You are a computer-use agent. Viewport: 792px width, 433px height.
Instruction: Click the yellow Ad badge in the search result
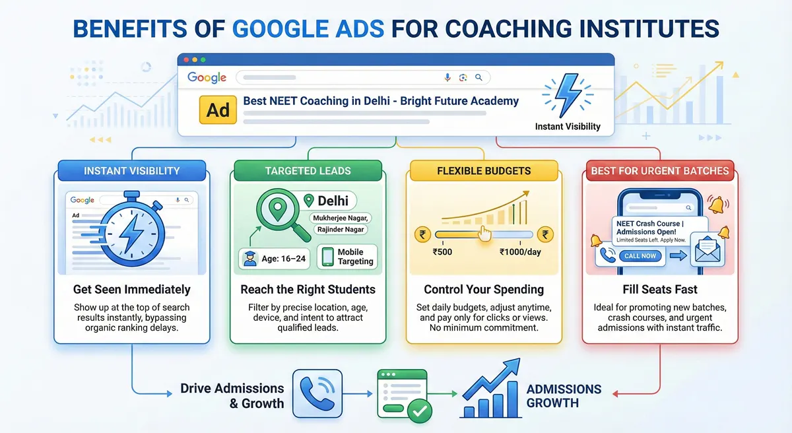(x=218, y=109)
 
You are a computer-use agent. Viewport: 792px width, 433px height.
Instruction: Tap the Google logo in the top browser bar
(x=207, y=77)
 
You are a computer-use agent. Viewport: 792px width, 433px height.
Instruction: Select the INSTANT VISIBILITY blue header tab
(x=132, y=171)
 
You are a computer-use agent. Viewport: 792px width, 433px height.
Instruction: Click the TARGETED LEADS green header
(x=308, y=171)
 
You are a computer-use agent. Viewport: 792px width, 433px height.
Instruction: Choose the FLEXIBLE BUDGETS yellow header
(x=484, y=171)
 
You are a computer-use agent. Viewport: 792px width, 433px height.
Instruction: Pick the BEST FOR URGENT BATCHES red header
(x=660, y=171)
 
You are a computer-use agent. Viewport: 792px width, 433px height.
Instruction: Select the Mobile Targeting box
(x=347, y=257)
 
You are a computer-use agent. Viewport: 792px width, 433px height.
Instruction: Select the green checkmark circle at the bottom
(x=418, y=412)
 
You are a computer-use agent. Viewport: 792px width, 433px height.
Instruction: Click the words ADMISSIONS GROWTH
(x=564, y=395)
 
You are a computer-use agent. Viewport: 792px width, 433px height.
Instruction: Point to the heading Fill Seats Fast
(x=659, y=290)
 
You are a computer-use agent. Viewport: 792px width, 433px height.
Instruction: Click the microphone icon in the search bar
(x=447, y=77)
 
